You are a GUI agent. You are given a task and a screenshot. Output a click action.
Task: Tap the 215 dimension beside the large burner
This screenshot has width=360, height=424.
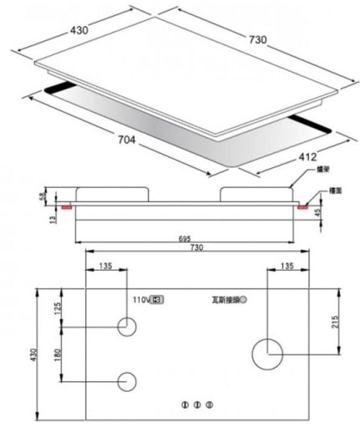(x=344, y=322)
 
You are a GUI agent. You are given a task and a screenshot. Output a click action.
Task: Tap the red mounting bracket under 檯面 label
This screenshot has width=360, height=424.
(x=301, y=207)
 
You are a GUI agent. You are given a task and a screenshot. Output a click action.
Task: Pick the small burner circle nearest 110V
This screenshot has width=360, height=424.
(x=127, y=328)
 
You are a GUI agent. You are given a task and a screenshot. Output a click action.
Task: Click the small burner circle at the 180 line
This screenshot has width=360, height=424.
(x=127, y=381)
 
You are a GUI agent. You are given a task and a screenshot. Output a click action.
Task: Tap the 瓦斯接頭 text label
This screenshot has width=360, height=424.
(x=224, y=299)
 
